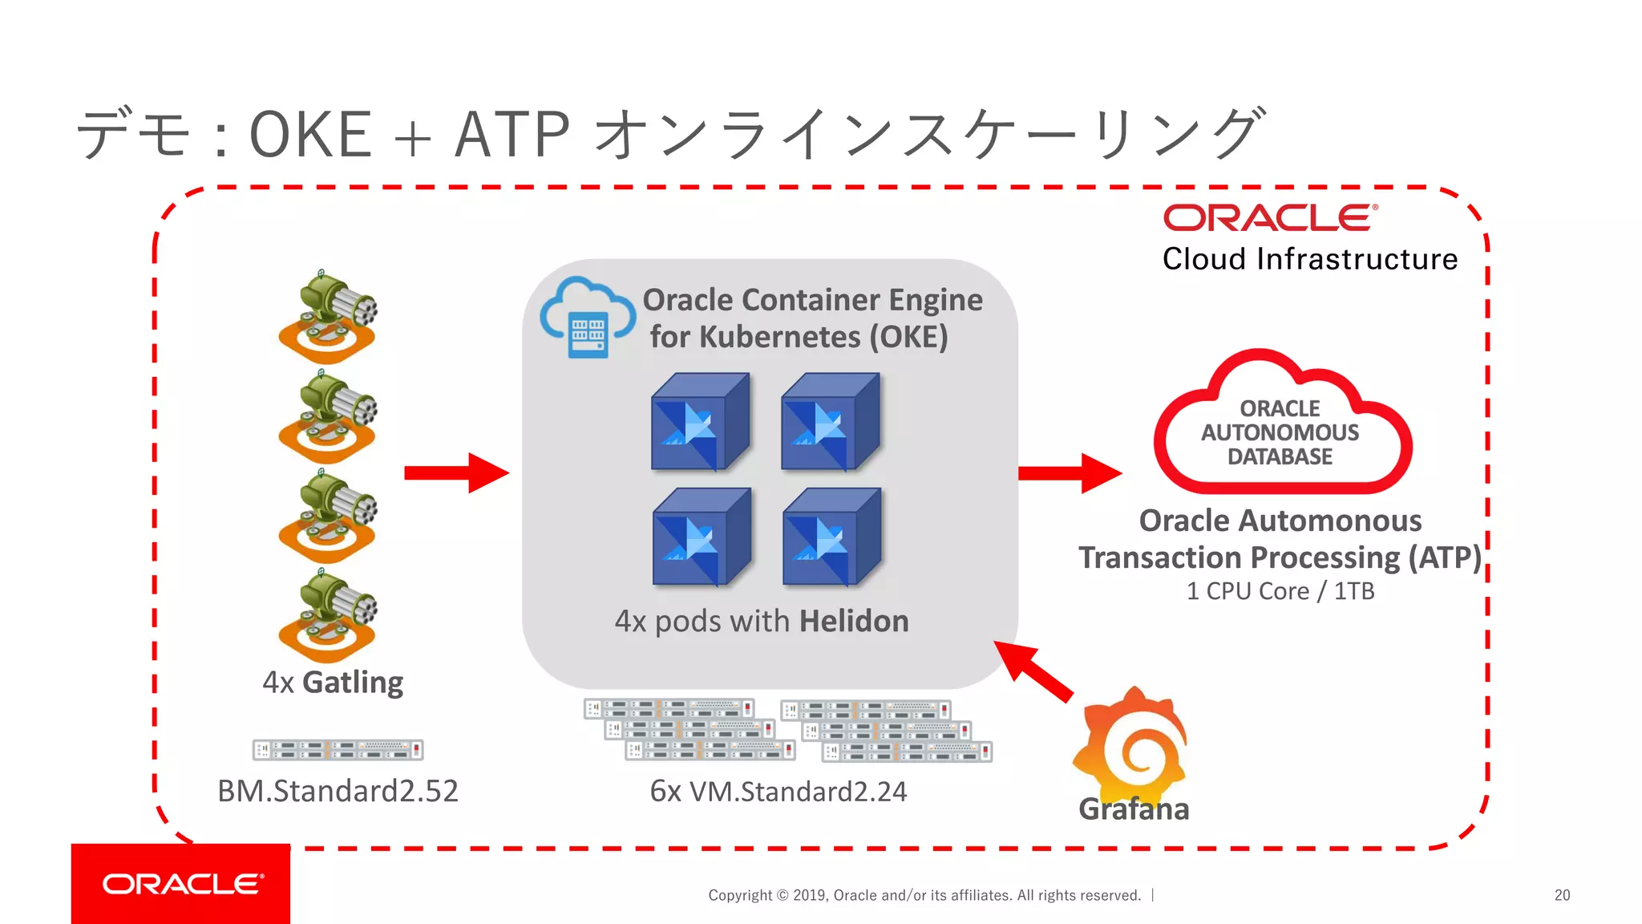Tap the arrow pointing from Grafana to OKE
(1033, 672)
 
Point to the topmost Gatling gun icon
(327, 318)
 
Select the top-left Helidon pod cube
(700, 422)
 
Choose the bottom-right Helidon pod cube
(831, 537)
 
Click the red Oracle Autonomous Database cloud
(1280, 425)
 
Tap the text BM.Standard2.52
(338, 791)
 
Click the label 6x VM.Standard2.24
(778, 792)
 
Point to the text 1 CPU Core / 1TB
(1280, 591)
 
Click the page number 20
(1562, 895)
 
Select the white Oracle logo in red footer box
(183, 884)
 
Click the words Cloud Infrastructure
(1309, 259)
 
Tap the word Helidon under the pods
(853, 622)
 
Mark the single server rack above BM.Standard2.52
(338, 750)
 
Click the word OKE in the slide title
(310, 135)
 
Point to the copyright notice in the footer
(924, 895)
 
